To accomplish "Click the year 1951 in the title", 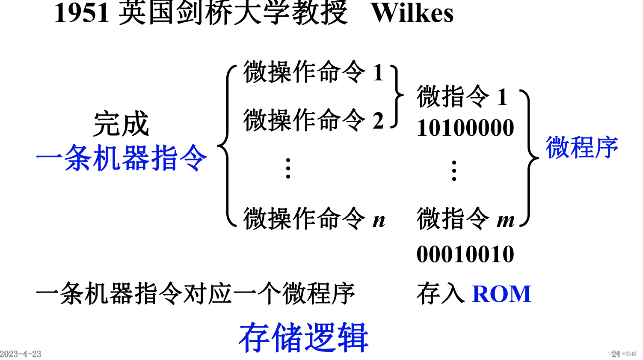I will pyautogui.click(x=82, y=13).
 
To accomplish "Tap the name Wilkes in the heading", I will pyautogui.click(x=412, y=13).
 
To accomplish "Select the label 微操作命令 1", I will pyautogui.click(x=313, y=72).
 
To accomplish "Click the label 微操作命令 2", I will pyautogui.click(x=313, y=120).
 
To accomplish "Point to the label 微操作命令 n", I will pyautogui.click(x=314, y=219).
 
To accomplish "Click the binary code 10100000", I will pyautogui.click(x=465, y=128).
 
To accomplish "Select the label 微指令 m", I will pyautogui.click(x=465, y=219).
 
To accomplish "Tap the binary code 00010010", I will pyautogui.click(x=465, y=254).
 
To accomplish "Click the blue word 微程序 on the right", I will pyautogui.click(x=582, y=148).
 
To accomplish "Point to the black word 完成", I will pyautogui.click(x=121, y=124).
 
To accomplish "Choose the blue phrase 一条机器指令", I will pyautogui.click(x=121, y=158).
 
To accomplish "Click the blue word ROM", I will pyautogui.click(x=501, y=294).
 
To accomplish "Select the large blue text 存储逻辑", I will pyautogui.click(x=303, y=337).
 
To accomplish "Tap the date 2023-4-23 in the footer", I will pyautogui.click(x=21, y=354).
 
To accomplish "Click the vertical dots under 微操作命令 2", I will pyautogui.click(x=288, y=168).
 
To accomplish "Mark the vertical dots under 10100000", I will pyautogui.click(x=454, y=171).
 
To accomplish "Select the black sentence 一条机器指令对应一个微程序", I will pyautogui.click(x=195, y=294).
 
